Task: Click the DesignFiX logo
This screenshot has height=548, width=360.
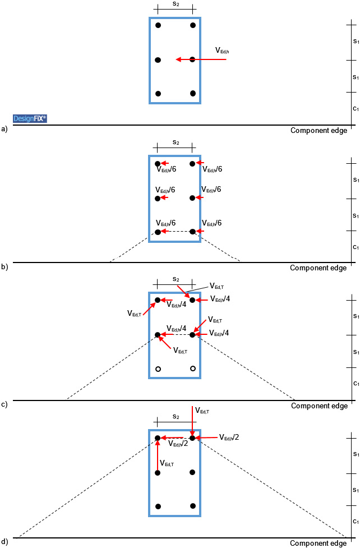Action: tap(30, 118)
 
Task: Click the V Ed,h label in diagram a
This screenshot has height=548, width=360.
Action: tap(222, 50)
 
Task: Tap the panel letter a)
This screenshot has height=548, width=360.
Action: tap(5, 129)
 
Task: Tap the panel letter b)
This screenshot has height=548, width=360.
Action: tap(5, 267)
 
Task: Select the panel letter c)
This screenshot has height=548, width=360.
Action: tap(5, 404)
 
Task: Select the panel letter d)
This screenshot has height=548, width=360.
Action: tap(5, 542)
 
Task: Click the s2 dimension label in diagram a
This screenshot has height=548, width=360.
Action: tap(176, 4)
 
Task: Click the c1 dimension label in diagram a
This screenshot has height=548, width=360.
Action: tap(356, 108)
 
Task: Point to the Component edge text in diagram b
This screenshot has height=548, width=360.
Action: tap(318, 268)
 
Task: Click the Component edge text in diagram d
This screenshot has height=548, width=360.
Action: tap(318, 544)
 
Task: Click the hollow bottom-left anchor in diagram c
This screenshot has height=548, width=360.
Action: tap(158, 369)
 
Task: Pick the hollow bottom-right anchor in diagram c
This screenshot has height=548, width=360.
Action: tap(193, 369)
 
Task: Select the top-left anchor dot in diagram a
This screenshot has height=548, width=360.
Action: tap(158, 25)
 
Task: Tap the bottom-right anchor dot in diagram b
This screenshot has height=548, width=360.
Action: tap(192, 232)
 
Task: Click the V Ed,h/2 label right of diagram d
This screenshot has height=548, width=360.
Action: tap(229, 438)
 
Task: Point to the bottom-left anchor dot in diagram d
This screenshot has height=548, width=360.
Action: tap(158, 506)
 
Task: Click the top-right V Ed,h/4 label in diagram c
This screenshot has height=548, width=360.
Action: tap(220, 299)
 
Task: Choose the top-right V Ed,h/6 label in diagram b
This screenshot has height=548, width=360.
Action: tap(211, 169)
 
